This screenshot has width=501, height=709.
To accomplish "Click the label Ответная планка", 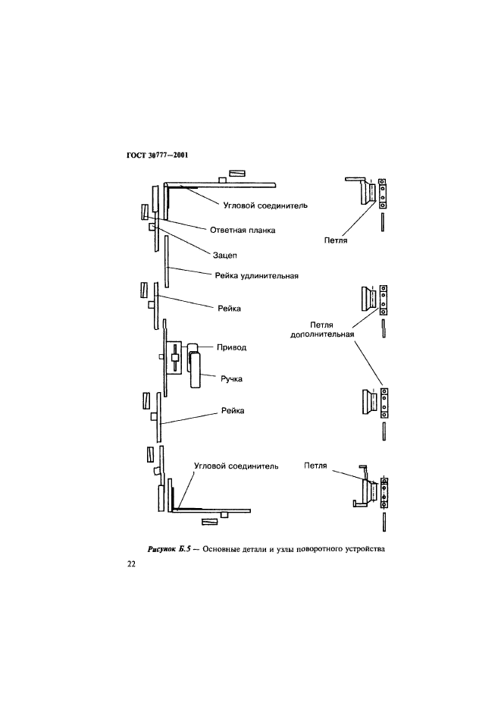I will coord(242,229).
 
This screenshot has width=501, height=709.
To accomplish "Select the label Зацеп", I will coord(225,256).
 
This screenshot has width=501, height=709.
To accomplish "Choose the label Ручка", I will coord(236,378).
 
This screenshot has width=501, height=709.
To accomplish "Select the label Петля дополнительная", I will coord(323,331).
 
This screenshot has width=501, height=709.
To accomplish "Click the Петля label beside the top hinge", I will coord(335,240).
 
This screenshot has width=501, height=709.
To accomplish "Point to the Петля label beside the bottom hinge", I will coord(315,466).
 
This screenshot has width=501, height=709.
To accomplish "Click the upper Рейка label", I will coord(229,309).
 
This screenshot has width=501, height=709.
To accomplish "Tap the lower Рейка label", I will coord(233,410).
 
